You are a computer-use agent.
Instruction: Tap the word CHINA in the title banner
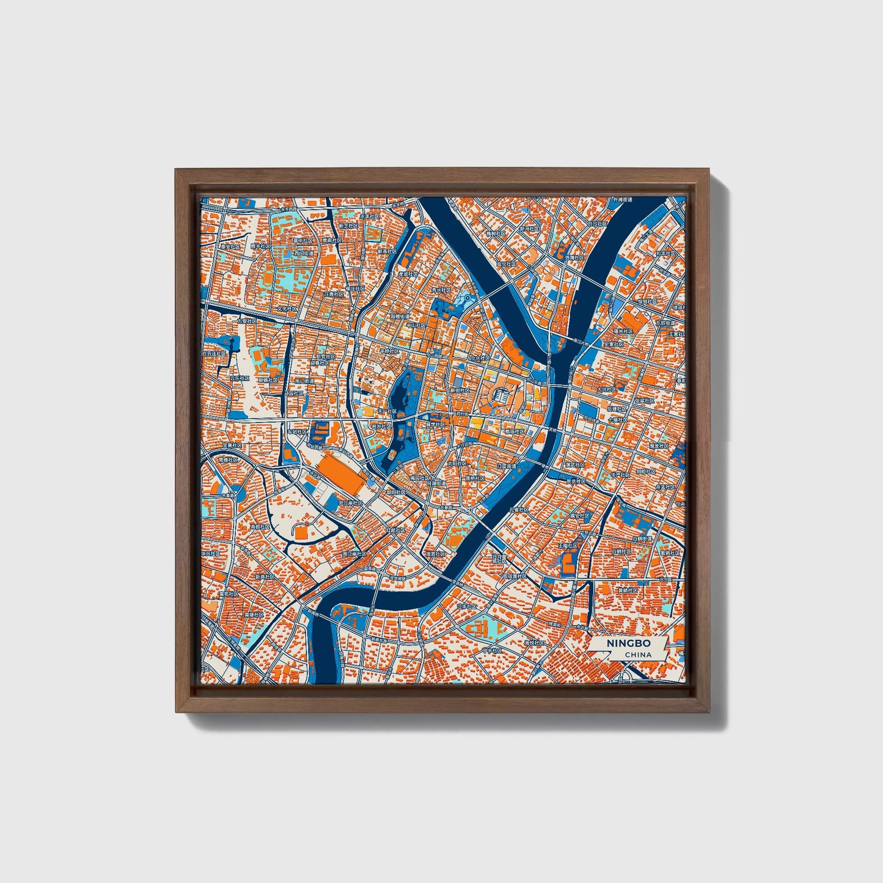[x=638, y=654]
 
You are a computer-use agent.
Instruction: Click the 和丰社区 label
[x=665, y=252]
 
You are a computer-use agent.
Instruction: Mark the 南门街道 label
[x=304, y=381]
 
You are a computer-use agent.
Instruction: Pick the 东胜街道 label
[x=665, y=323]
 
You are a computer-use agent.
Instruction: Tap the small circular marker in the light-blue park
[x=467, y=298]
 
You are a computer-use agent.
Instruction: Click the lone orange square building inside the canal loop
[x=302, y=533]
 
